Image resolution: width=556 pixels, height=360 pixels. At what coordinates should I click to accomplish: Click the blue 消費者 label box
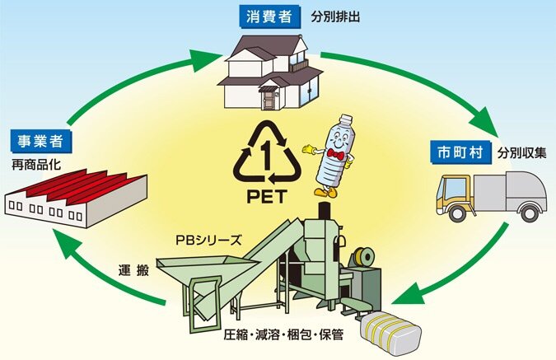click(x=269, y=16)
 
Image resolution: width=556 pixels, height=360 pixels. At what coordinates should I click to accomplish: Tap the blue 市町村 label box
click(x=460, y=152)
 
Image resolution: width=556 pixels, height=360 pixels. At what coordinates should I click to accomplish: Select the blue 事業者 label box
click(x=40, y=142)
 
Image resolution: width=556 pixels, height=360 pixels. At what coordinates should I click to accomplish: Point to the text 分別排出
click(x=335, y=16)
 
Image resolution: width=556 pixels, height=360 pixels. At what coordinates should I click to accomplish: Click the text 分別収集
click(x=521, y=152)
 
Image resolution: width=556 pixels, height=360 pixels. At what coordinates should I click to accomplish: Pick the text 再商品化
click(x=35, y=165)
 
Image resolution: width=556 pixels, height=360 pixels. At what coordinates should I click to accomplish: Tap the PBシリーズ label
click(x=208, y=240)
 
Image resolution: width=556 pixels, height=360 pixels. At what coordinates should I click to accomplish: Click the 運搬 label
click(x=133, y=270)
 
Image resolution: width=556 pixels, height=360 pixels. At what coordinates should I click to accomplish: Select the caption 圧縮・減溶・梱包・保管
click(x=283, y=334)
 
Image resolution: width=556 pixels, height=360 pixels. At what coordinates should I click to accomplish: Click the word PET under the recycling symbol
click(x=267, y=196)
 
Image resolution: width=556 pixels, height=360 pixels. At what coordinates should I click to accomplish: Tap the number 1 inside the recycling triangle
click(x=265, y=155)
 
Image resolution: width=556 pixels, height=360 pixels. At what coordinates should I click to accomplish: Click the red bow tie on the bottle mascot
click(x=337, y=154)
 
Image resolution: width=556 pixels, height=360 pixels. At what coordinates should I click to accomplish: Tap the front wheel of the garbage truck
click(x=457, y=213)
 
